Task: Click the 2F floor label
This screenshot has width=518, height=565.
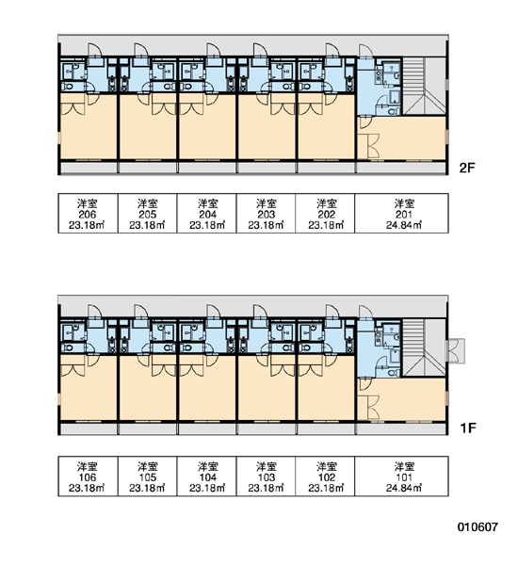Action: [x=467, y=168]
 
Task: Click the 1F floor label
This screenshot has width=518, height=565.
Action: [x=468, y=428]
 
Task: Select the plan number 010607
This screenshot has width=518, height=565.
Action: [x=478, y=527]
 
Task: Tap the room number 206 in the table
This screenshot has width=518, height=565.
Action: [x=88, y=215]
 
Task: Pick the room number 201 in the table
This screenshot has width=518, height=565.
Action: [x=404, y=215]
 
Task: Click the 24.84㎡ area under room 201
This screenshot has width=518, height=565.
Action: [x=404, y=225]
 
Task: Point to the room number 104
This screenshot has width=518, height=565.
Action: [x=208, y=477]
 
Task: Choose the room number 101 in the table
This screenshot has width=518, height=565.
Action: [x=404, y=477]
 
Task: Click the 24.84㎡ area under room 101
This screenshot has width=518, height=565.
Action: [x=404, y=488]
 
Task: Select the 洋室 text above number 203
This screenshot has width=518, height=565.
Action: [x=267, y=203]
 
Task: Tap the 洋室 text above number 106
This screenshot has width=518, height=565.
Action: [x=88, y=467]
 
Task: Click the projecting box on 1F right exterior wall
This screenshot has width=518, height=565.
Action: [x=456, y=350]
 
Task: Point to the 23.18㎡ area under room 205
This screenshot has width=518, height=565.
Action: [x=148, y=225]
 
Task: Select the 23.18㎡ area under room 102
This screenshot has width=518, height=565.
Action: [x=326, y=488]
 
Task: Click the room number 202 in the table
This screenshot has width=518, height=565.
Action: [x=327, y=215]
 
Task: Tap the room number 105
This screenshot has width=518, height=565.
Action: [x=148, y=477]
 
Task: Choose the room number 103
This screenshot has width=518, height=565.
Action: [x=267, y=477]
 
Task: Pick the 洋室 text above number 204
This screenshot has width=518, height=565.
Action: [x=208, y=203]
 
